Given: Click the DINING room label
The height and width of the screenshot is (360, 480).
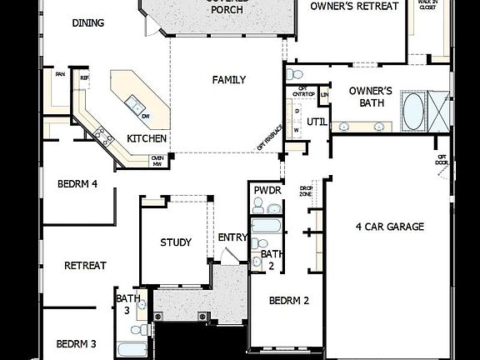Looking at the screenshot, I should (88, 23).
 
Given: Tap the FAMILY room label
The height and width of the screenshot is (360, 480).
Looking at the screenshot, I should (228, 80).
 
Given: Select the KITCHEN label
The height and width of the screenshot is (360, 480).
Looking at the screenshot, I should (147, 138).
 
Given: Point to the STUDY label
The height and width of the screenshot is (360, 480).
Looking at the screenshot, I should (176, 242).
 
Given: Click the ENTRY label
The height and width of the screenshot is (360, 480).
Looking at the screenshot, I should (232, 237).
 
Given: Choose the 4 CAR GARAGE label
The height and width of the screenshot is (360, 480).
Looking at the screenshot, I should (389, 226).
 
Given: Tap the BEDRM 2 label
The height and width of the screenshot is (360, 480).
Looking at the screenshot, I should (289, 301).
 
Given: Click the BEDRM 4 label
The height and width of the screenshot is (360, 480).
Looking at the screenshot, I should (77, 184).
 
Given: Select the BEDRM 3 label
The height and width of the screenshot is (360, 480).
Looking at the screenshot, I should (77, 343).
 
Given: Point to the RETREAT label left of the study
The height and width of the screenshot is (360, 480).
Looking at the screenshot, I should (85, 266).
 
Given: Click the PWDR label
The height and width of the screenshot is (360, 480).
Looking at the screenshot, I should (267, 191).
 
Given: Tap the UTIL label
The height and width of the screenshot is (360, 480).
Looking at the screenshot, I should (317, 122).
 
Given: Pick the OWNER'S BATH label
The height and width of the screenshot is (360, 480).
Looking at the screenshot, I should (370, 97).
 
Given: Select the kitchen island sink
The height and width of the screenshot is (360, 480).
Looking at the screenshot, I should (133, 105).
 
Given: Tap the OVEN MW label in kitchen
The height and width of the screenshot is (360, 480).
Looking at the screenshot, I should (157, 160).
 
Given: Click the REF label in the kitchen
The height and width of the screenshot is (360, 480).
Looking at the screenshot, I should (84, 78).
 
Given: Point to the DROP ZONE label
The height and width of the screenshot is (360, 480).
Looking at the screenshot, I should (305, 190).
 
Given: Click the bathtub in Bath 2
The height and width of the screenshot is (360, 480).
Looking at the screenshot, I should (267, 227).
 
